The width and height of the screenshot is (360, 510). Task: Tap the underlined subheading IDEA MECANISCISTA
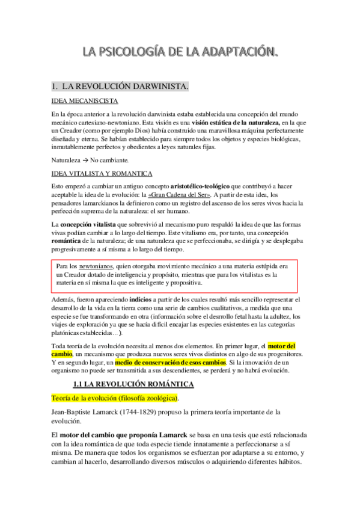[84, 101]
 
